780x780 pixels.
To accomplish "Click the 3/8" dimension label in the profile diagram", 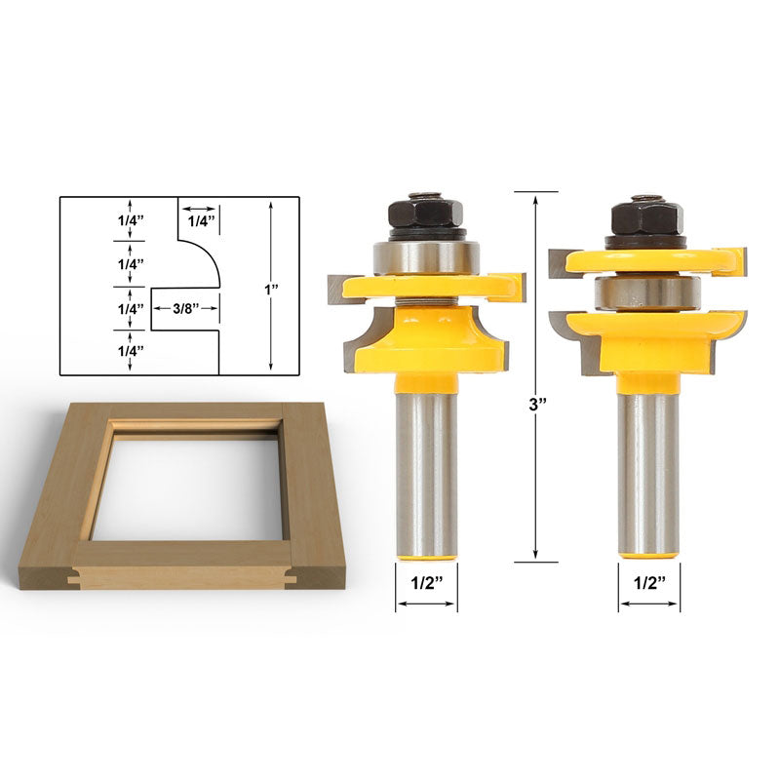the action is [185, 308].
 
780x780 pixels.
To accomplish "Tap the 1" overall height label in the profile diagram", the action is [271, 290].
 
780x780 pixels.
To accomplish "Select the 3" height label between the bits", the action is [537, 404].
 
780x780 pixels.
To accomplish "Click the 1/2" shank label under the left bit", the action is [427, 583].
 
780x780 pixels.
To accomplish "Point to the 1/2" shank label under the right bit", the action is [649, 583].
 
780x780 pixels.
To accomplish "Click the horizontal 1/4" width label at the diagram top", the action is [201, 221].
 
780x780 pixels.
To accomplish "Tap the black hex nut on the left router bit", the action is [426, 213].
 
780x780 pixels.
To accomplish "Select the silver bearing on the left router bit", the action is [426, 257].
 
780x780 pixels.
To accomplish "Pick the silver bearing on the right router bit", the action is [647, 293].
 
